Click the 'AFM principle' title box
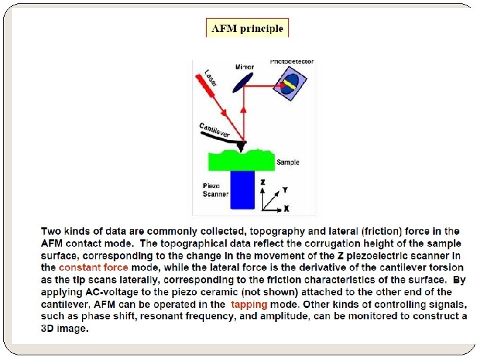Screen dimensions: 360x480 [x=247, y=28]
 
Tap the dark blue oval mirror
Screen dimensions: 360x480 [x=243, y=81]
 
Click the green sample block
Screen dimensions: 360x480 [x=241, y=161]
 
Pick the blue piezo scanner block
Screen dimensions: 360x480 [x=242, y=190]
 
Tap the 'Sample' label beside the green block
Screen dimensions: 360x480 [x=288, y=162]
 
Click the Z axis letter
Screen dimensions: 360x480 [x=263, y=181]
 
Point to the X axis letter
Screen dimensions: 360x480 [x=286, y=209]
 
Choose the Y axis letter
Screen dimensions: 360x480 [x=285, y=189]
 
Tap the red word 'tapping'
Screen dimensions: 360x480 [x=249, y=304]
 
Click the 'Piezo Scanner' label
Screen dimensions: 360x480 [x=215, y=190]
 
